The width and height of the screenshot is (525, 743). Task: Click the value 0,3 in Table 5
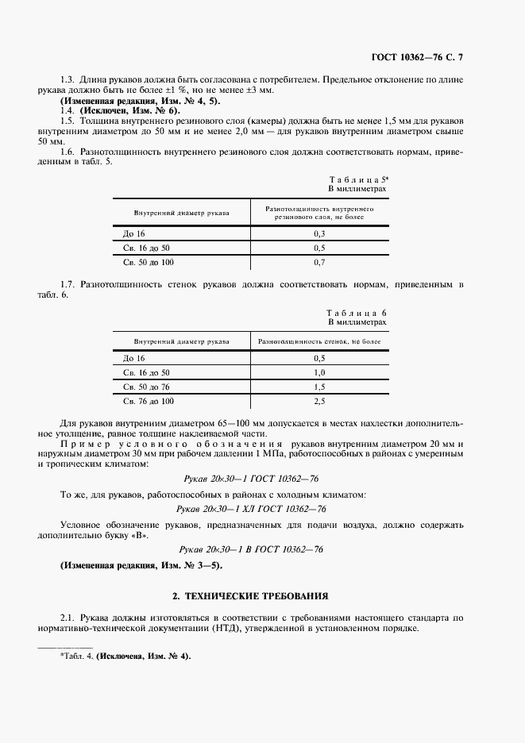pyautogui.click(x=319, y=233)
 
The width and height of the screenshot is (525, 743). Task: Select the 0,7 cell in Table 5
pyautogui.click(x=319, y=262)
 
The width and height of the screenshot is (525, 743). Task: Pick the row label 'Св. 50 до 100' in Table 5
pyautogui.click(x=148, y=262)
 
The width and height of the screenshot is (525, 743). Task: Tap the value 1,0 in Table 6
pyautogui.click(x=319, y=372)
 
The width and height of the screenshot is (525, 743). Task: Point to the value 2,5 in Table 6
pyautogui.click(x=319, y=401)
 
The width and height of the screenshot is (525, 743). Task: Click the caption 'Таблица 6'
pyautogui.click(x=357, y=314)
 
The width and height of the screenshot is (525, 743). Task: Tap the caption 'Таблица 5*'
pyautogui.click(x=358, y=181)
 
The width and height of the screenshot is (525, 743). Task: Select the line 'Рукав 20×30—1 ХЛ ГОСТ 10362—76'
pyautogui.click(x=252, y=509)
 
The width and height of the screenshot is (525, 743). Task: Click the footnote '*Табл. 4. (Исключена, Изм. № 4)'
pyautogui.click(x=125, y=657)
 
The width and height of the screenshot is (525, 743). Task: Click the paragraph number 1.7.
pyautogui.click(x=68, y=284)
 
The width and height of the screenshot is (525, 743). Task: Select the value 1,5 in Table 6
pyautogui.click(x=319, y=387)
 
